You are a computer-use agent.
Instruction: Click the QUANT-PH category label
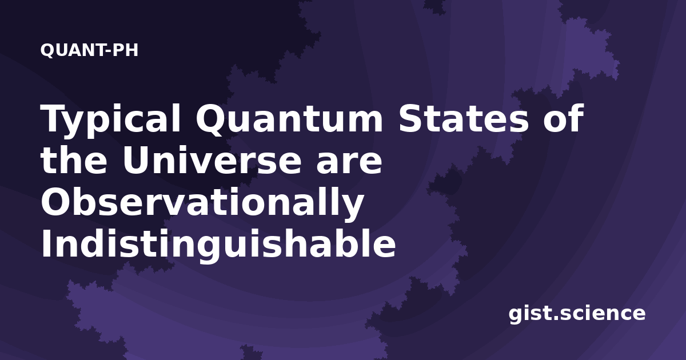[x=89, y=50]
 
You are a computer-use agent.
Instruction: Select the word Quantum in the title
[x=289, y=119]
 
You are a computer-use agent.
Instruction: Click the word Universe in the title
[x=212, y=159]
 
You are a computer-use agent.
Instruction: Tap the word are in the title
[x=349, y=162]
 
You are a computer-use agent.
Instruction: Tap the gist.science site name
[x=577, y=314]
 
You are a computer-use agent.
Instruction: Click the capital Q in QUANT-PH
[x=47, y=50]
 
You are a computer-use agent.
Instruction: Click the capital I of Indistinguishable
[x=46, y=243]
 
